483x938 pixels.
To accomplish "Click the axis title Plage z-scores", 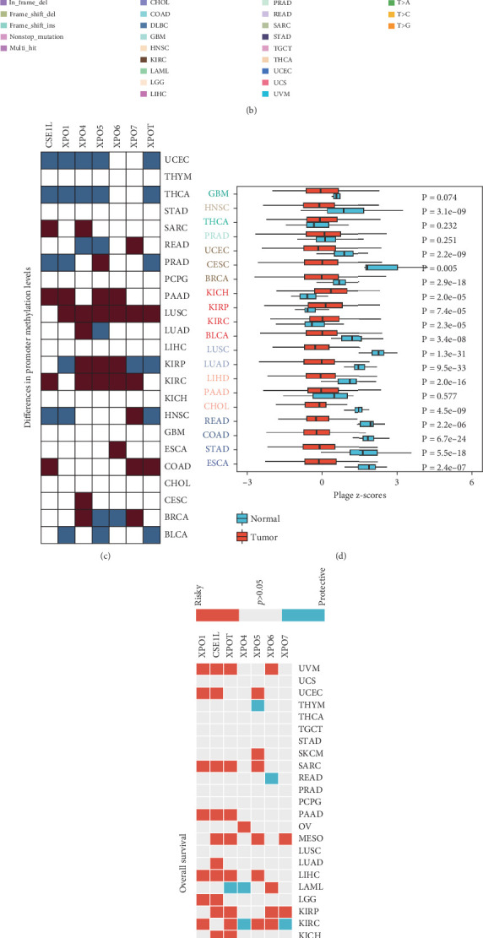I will coord(354,496).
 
